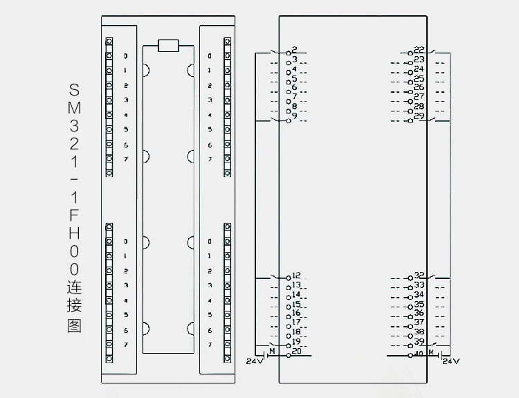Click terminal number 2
[x=294, y=50]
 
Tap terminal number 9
[x=294, y=116]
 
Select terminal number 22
[x=419, y=50]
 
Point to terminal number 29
[x=419, y=116]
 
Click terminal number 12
[x=295, y=275]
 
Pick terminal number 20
[x=296, y=351]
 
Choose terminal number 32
[x=419, y=275]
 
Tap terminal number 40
[x=418, y=354]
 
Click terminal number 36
[x=419, y=313]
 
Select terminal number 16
[x=295, y=313]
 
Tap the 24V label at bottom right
[x=450, y=361]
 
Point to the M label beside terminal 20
[x=272, y=352]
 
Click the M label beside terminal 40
[x=431, y=352]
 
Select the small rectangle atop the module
[x=168, y=46]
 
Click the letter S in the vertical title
[x=75, y=91]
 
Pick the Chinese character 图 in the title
[x=75, y=325]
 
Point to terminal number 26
[x=419, y=87]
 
